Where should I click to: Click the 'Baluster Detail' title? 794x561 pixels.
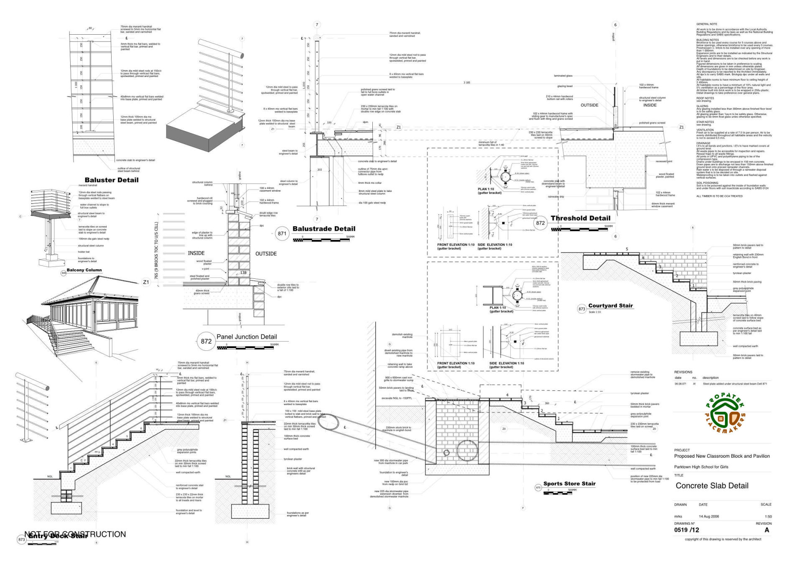click(111, 180)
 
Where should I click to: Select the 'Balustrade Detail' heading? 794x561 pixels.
click(323, 229)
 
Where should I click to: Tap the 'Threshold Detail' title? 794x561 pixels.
click(580, 218)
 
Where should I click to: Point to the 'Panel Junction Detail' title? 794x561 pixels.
click(247, 337)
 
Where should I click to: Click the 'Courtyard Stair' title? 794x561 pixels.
click(610, 306)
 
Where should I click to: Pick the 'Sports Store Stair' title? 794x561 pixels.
click(569, 484)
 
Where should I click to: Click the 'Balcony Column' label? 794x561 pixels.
click(84, 270)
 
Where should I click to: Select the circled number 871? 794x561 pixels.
click(282, 234)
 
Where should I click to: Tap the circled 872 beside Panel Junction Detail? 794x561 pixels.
click(206, 341)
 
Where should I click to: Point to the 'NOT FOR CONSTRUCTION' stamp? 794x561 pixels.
click(75, 534)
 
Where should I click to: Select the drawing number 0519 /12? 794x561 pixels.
click(686, 530)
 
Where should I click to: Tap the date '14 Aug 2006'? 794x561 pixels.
click(709, 516)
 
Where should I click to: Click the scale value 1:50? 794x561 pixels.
click(768, 517)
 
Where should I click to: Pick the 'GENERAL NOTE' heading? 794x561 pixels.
click(706, 24)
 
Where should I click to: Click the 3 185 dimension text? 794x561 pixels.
click(467, 83)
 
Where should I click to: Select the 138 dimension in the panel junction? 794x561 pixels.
click(243, 273)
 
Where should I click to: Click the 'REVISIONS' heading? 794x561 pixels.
click(683, 372)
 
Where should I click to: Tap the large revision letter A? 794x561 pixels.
click(767, 530)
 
